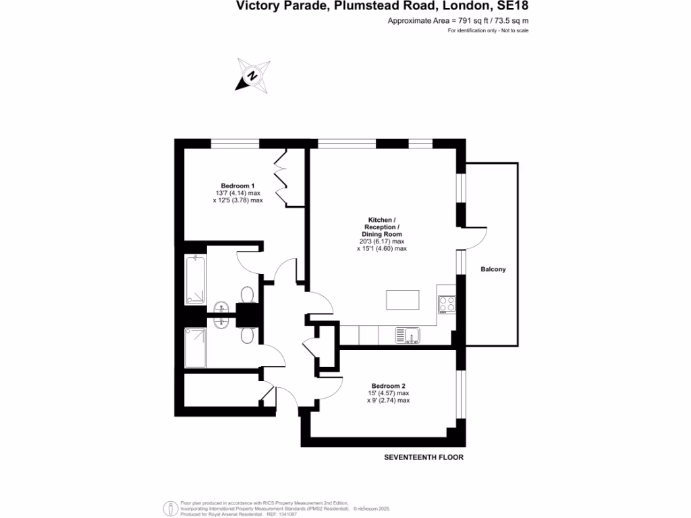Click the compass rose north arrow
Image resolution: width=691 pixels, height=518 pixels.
click(x=252, y=76)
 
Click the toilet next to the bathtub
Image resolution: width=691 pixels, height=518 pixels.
click(x=248, y=295)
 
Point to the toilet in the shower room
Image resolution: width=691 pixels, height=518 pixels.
click(x=248, y=335)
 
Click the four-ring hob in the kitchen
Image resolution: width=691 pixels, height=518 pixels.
click(x=447, y=305)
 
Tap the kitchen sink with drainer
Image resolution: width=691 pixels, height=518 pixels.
click(x=408, y=335)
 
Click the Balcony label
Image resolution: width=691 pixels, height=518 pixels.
click(x=493, y=269)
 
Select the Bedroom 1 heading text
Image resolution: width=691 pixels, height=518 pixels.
click(x=238, y=186)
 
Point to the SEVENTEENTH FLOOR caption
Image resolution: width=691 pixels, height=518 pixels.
click(x=424, y=457)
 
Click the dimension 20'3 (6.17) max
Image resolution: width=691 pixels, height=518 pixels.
click(x=381, y=241)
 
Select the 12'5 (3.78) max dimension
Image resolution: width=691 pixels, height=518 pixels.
click(x=238, y=200)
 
